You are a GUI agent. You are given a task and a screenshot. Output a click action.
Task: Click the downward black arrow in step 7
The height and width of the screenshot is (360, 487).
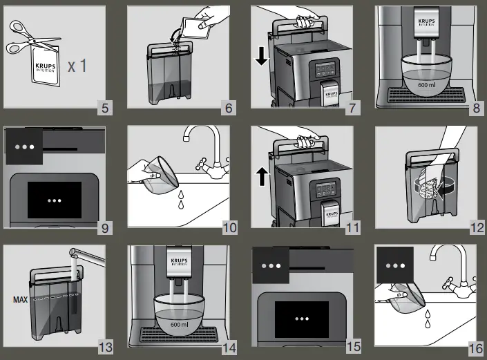tap(261, 56)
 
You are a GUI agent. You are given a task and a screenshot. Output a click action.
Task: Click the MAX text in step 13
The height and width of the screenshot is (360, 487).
tap(19, 300)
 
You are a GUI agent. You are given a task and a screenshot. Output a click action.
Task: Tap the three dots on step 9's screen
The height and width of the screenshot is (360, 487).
tap(55, 200)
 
